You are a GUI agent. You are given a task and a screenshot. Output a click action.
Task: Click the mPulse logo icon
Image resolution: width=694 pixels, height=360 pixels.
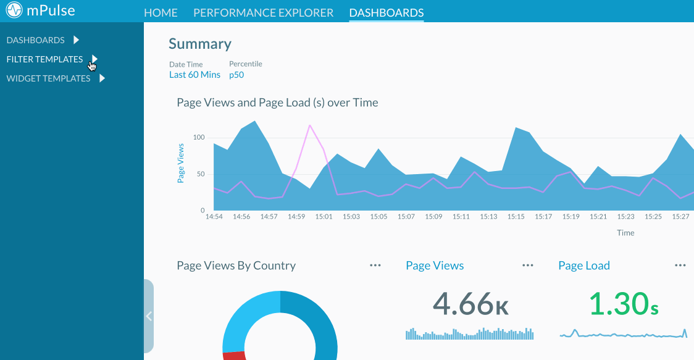click(14, 11)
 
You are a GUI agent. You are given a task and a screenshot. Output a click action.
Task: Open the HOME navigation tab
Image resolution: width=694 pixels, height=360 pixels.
click(161, 12)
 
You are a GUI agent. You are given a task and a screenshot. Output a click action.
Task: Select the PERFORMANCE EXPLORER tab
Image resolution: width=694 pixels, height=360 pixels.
click(263, 12)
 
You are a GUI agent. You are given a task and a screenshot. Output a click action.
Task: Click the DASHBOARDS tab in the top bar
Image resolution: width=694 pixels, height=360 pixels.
click(386, 12)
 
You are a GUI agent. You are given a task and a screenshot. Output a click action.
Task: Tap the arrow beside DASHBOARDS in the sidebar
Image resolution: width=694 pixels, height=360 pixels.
click(77, 40)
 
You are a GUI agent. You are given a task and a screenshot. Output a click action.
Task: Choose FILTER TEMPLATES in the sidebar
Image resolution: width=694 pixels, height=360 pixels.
click(44, 59)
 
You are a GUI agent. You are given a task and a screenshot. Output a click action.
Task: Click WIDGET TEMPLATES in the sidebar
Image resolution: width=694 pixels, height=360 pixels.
click(48, 78)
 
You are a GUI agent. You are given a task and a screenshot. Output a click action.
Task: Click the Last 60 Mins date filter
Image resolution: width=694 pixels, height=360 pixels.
click(194, 75)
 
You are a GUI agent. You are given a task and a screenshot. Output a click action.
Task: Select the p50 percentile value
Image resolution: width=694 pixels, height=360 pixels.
click(237, 75)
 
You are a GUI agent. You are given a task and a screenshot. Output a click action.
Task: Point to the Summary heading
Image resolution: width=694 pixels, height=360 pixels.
click(200, 44)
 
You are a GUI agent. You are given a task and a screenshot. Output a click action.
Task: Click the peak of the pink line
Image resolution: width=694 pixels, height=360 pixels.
click(309, 125)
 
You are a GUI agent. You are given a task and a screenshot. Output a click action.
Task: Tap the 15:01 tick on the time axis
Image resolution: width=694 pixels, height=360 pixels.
click(324, 217)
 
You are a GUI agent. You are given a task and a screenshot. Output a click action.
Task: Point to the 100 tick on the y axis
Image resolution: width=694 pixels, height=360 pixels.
click(198, 137)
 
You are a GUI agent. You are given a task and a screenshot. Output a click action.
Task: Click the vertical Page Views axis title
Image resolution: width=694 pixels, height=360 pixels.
click(181, 163)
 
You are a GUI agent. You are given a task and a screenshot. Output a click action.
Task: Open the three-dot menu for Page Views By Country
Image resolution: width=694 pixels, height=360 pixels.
click(375, 265)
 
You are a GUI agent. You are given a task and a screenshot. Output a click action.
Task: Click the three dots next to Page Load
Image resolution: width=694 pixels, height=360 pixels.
click(680, 265)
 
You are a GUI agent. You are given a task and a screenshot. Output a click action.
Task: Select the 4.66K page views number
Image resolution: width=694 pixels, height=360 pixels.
click(470, 303)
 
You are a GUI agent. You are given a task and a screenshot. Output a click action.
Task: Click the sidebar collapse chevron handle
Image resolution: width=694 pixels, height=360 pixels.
click(148, 316)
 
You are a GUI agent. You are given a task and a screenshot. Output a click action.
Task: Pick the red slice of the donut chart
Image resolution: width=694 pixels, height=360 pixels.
click(234, 355)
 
